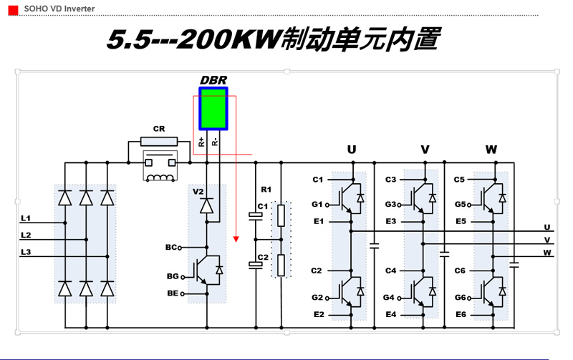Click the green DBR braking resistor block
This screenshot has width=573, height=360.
pyautogui.click(x=213, y=109)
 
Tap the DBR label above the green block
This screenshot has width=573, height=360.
pyautogui.click(x=213, y=79)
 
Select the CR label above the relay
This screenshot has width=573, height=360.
pyautogui.click(x=158, y=129)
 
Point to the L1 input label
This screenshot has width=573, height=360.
pyautogui.click(x=26, y=217)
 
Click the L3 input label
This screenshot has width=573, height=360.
pyautogui.click(x=26, y=252)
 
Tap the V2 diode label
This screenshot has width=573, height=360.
pyautogui.click(x=198, y=191)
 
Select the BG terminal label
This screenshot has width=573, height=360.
pyautogui.click(x=172, y=276)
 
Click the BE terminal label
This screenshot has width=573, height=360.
pyautogui.click(x=172, y=293)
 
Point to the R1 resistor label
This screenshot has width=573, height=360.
pyautogui.click(x=266, y=190)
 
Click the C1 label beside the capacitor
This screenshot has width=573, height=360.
pyautogui.click(x=262, y=206)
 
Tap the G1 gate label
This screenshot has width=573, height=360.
pyautogui.click(x=317, y=204)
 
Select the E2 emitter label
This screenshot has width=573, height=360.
pyautogui.click(x=318, y=314)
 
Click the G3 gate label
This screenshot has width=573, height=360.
pyautogui.click(x=390, y=204)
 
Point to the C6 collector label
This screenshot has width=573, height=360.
pyautogui.click(x=460, y=271)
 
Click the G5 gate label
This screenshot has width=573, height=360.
pyautogui.click(x=460, y=204)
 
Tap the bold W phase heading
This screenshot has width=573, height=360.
pyautogui.click(x=491, y=150)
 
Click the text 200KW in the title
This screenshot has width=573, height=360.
pyautogui.click(x=228, y=39)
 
